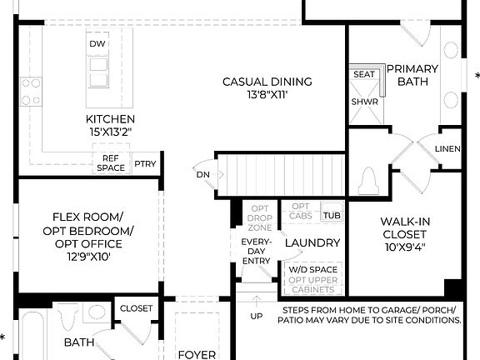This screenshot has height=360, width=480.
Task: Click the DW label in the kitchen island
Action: coord(98,43)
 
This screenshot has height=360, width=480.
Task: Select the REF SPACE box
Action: coord(112,163)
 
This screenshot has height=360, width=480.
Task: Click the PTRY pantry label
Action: coord(145,164)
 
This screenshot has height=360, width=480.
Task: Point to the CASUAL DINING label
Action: coord(267,82)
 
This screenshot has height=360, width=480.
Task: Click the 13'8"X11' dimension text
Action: coord(267,96)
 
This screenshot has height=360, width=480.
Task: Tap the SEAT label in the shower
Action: coord(363,74)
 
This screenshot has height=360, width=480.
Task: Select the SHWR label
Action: coord(363,102)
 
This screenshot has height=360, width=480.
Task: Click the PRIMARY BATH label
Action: coord(407,76)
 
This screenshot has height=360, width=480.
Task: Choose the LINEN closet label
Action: coord(447,149)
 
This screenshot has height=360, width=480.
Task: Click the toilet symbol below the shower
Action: coord(369,179)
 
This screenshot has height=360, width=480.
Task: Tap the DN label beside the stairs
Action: coord(202,174)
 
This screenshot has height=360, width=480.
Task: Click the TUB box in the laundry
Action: coord(332,215)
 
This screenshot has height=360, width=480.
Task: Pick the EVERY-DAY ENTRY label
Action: coord(256,250)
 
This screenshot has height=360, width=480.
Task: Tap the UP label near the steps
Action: coord(257,316)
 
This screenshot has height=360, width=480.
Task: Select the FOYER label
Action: coord(197,354)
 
